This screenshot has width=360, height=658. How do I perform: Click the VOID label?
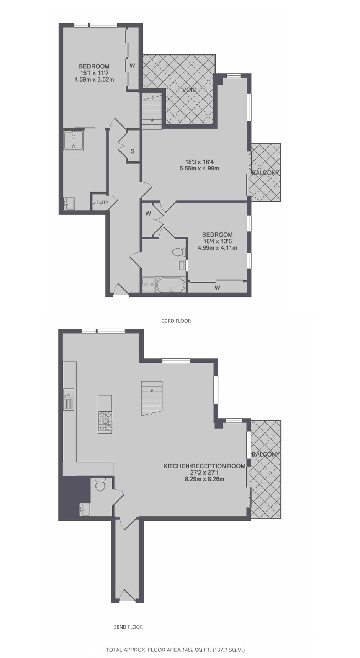point(189,90)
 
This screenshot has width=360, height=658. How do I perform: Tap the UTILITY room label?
point(100,202)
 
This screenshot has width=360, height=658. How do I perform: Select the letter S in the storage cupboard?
point(133,151)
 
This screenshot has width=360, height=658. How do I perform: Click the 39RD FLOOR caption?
point(176,321)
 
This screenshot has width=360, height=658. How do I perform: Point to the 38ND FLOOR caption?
point(128,627)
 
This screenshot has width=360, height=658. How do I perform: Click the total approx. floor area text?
point(175,650)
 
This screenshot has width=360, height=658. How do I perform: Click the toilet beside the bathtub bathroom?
point(179,252)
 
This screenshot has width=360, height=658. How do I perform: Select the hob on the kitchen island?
point(105,421)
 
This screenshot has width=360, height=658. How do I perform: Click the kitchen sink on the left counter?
point(69,399)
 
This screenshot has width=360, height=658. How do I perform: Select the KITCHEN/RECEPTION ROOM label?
point(204,466)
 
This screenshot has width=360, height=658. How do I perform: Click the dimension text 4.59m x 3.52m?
point(95,80)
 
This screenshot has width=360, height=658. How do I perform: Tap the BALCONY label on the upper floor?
point(265,173)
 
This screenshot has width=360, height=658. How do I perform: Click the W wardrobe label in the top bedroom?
point(132,65)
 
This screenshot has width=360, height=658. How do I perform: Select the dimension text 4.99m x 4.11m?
point(217,248)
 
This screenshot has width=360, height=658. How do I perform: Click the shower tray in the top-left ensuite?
point(73,141)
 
